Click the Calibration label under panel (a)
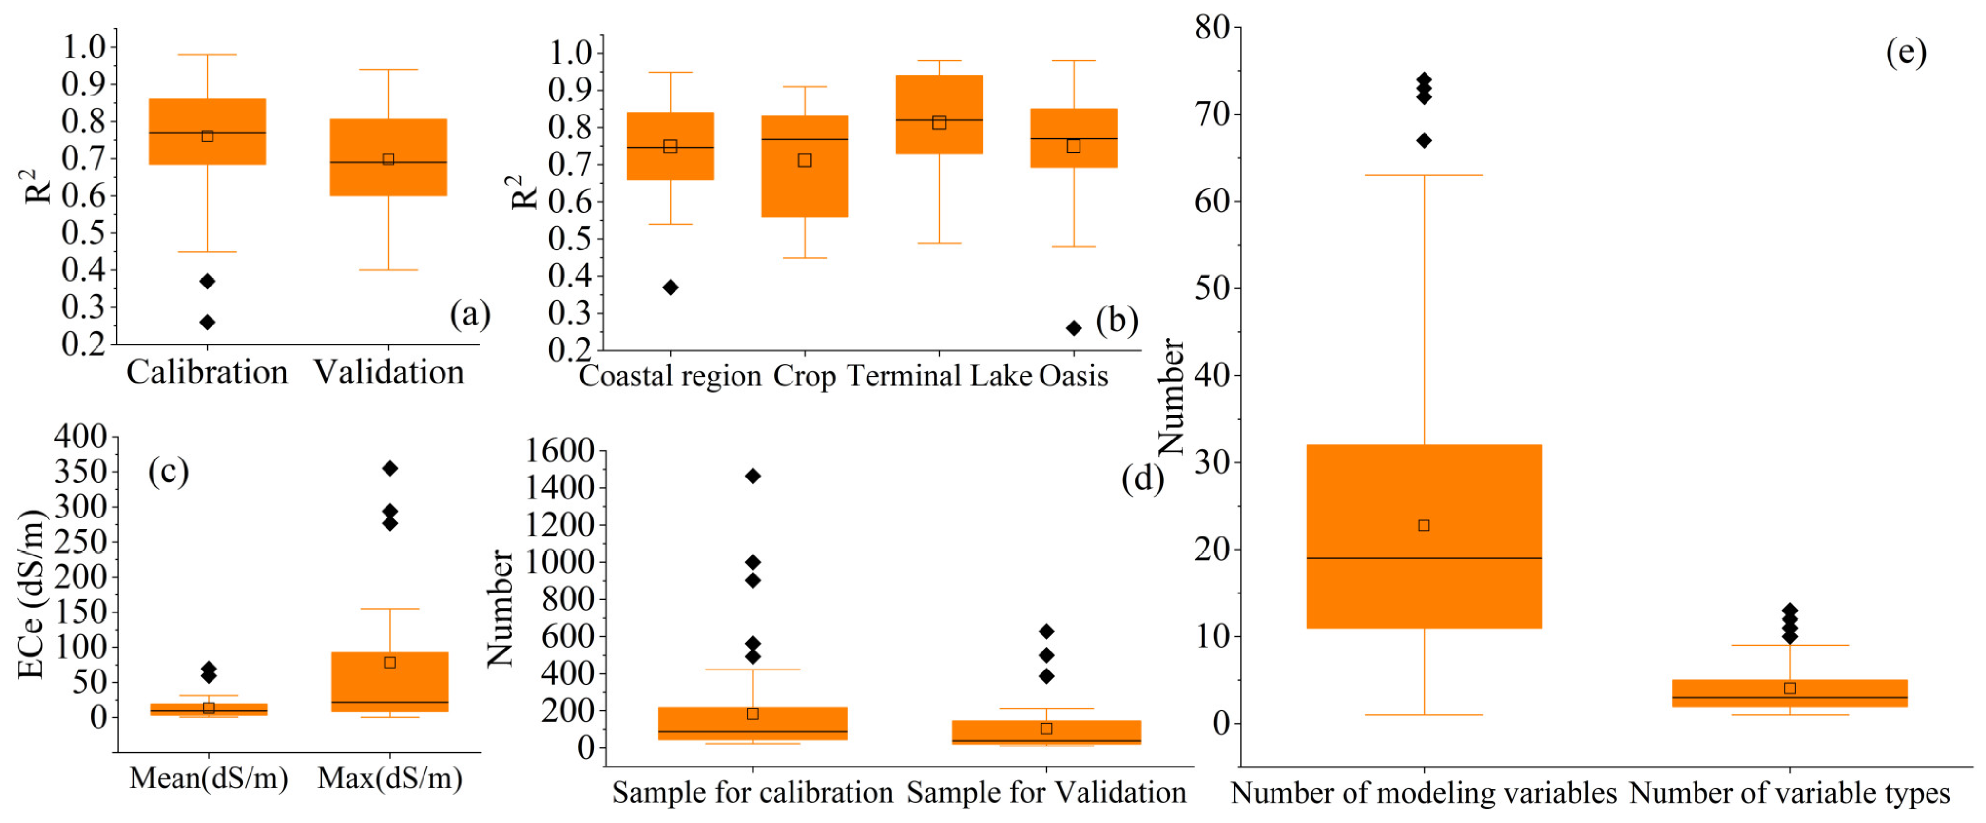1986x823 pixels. (x=207, y=373)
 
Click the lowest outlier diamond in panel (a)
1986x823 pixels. (x=208, y=322)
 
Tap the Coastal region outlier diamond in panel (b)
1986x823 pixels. (x=671, y=287)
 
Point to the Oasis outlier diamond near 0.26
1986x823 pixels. (x=1073, y=328)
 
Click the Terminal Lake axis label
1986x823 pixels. (x=939, y=377)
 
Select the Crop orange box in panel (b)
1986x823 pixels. (x=805, y=185)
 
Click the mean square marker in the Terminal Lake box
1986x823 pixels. (x=939, y=122)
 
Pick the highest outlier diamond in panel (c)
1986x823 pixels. (x=390, y=469)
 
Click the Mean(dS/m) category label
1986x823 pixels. (x=208, y=778)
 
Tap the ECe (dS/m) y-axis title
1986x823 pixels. (x=31, y=593)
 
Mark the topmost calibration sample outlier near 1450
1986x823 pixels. (x=752, y=476)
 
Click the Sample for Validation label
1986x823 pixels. (x=1046, y=792)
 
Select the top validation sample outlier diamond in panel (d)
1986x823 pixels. (x=1046, y=632)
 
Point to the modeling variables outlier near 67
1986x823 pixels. (x=1424, y=140)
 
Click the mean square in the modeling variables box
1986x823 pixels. (x=1424, y=526)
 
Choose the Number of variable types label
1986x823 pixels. (x=1790, y=793)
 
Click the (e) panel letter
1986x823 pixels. (x=1906, y=53)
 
